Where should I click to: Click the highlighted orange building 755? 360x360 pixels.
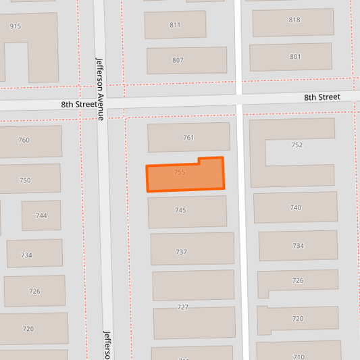point(184,175)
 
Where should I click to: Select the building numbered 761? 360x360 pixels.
point(188,137)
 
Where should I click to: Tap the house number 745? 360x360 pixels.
point(180,211)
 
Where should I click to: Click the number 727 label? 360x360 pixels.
point(182,307)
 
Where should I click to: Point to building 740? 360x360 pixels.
point(295,207)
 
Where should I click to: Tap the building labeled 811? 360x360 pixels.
point(175,25)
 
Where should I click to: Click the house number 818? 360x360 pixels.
point(294,20)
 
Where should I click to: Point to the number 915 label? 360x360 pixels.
point(16,26)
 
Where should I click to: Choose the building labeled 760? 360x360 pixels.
point(24,140)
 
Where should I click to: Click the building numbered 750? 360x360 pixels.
point(25,180)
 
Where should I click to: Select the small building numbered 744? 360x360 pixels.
point(41,215)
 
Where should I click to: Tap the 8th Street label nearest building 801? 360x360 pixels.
point(322,97)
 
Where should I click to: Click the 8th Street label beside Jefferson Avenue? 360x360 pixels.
point(79,105)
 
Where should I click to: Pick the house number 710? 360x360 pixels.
point(299,356)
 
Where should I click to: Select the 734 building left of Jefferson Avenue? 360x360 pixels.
point(27,255)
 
